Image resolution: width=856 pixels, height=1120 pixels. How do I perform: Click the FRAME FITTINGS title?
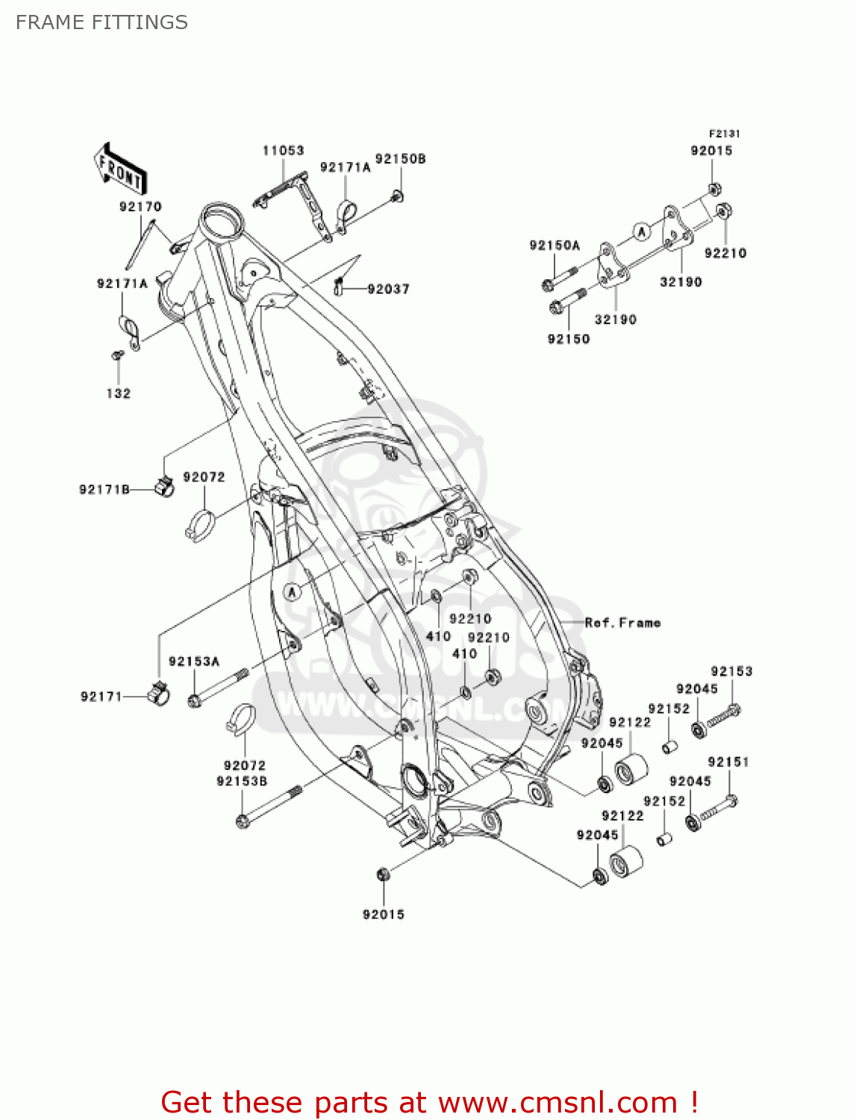tap(101, 22)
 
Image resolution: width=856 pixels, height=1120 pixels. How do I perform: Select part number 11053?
tap(283, 151)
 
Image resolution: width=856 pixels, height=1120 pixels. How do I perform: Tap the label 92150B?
tap(400, 159)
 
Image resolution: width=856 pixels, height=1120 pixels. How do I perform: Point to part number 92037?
tap(388, 289)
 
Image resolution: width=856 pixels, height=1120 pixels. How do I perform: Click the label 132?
tap(118, 393)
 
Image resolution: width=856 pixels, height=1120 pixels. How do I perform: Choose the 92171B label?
tap(104, 490)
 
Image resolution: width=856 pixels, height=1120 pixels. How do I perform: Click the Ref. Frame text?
tap(622, 623)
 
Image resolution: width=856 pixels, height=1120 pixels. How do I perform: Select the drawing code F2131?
tap(724, 134)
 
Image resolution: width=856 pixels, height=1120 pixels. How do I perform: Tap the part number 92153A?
tap(194, 662)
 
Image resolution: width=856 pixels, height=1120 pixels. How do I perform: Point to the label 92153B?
tap(242, 782)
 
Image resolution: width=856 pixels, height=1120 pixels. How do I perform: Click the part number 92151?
tap(728, 762)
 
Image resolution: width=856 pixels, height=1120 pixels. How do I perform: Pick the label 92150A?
tap(554, 246)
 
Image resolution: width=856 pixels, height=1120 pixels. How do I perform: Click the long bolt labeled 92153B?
tap(269, 806)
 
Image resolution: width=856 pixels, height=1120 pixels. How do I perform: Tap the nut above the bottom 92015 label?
tap(382, 874)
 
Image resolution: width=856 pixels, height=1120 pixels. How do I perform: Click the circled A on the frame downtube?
tap(293, 592)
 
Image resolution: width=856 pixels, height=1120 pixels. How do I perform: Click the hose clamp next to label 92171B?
tap(164, 487)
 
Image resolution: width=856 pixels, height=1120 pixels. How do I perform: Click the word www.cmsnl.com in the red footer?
tap(557, 1102)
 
